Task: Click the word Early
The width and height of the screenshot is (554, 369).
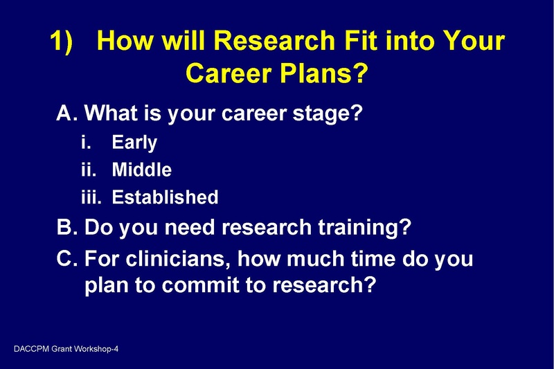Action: point(134,143)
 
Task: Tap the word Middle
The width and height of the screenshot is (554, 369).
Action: point(141,170)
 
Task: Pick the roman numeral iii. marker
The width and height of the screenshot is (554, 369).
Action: point(91,197)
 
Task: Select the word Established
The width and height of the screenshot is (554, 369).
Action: point(165,197)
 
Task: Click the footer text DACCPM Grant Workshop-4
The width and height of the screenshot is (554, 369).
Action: point(66,349)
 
